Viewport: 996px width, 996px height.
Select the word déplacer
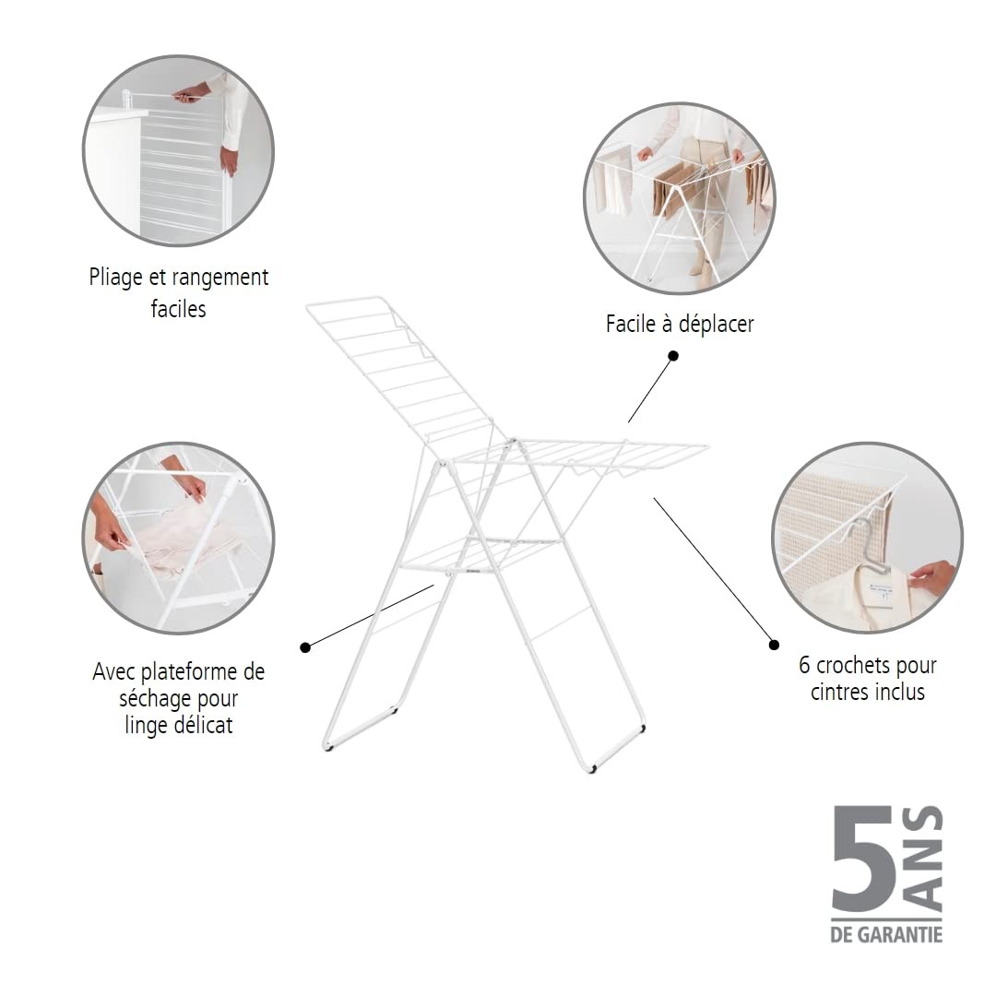coord(716,325)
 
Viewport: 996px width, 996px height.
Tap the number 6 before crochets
coord(804,665)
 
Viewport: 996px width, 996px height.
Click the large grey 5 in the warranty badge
coord(863,859)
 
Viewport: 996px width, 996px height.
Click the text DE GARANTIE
coord(887,935)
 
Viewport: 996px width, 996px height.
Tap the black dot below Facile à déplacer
coord(673,356)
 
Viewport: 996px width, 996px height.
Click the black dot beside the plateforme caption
coord(305,647)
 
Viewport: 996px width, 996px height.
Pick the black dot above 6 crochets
coord(774,645)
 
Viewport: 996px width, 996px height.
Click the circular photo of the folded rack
coord(179,150)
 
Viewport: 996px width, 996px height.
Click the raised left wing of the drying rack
coord(400,368)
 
